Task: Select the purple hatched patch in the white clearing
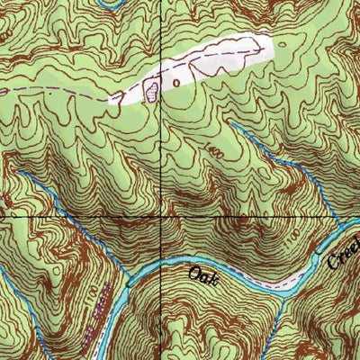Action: tap(151, 88)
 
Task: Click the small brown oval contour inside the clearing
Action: tap(176, 82)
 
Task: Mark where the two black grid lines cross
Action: tap(161, 219)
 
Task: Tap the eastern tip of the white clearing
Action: tap(270, 40)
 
